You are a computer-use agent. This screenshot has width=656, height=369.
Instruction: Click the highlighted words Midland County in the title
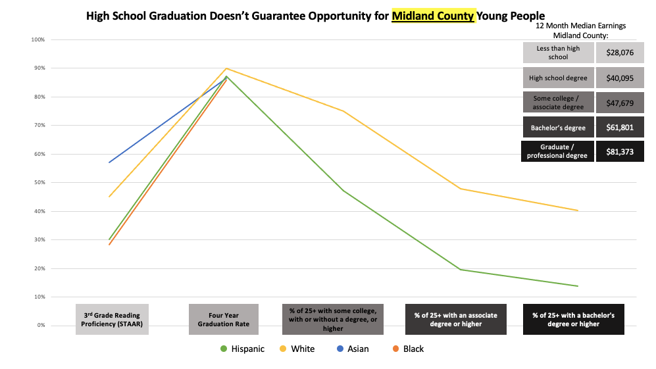tap(433, 15)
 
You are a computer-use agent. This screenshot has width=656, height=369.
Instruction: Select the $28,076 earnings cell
tap(620, 53)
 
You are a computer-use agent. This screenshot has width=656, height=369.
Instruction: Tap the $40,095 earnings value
tap(620, 78)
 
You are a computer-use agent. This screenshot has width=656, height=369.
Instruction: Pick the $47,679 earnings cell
tap(620, 103)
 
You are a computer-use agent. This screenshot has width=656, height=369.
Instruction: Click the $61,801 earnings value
tap(620, 127)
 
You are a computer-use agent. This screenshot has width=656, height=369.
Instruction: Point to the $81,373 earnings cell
tap(620, 151)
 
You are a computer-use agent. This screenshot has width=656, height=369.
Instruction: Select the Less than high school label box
tap(558, 53)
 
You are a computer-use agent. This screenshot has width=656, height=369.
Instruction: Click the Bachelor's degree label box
tap(558, 127)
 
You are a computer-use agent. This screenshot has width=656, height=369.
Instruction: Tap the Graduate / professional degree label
tap(558, 151)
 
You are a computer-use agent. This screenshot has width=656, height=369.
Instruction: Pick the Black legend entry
tap(407, 349)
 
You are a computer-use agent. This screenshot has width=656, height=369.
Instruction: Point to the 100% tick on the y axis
tap(38, 39)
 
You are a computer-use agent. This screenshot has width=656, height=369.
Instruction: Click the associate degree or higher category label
tap(455, 319)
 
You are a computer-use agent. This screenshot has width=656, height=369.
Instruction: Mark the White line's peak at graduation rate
tap(226, 68)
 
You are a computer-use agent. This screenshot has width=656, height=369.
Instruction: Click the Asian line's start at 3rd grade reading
tap(109, 162)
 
